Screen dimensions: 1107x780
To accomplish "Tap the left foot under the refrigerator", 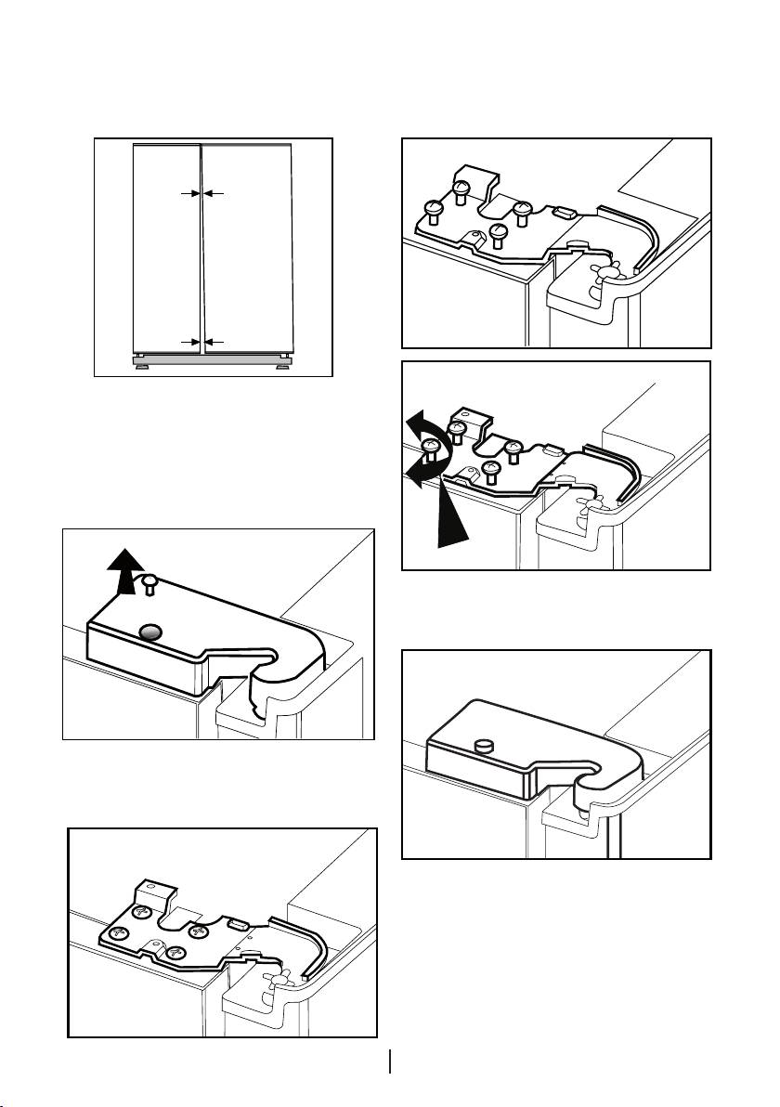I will click(x=138, y=365).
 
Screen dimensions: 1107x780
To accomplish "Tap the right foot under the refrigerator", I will click(x=279, y=365).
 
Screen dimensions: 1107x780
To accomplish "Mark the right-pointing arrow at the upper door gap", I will click(x=189, y=193).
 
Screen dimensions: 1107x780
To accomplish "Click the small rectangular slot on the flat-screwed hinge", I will click(x=236, y=925).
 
